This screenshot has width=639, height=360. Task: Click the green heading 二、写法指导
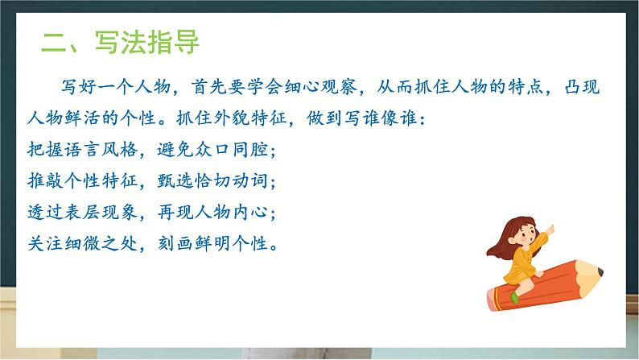click(x=121, y=41)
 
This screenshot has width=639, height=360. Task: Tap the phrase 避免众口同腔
click(x=208, y=150)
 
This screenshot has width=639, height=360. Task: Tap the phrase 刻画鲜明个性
click(x=208, y=244)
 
